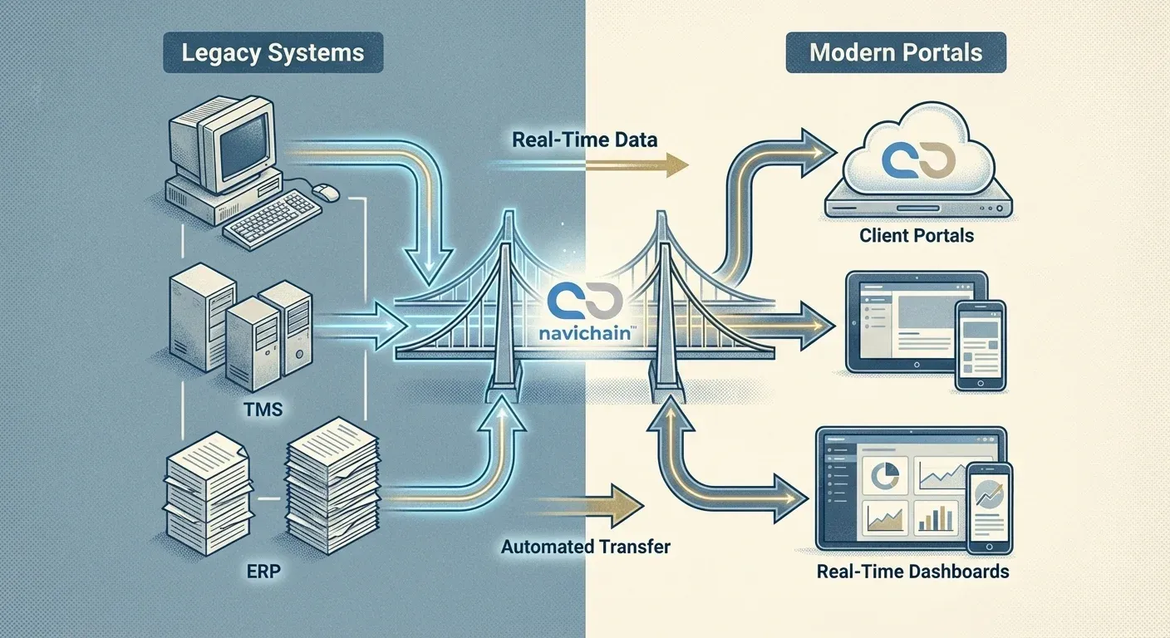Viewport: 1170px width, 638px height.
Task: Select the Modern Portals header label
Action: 896,53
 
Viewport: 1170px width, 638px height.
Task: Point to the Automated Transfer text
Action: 585,547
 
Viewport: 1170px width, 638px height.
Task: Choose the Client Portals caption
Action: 917,236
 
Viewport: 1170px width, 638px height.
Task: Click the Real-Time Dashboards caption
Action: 912,572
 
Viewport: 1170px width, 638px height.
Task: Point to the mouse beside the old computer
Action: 326,192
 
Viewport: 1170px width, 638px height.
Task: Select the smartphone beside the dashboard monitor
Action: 990,507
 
